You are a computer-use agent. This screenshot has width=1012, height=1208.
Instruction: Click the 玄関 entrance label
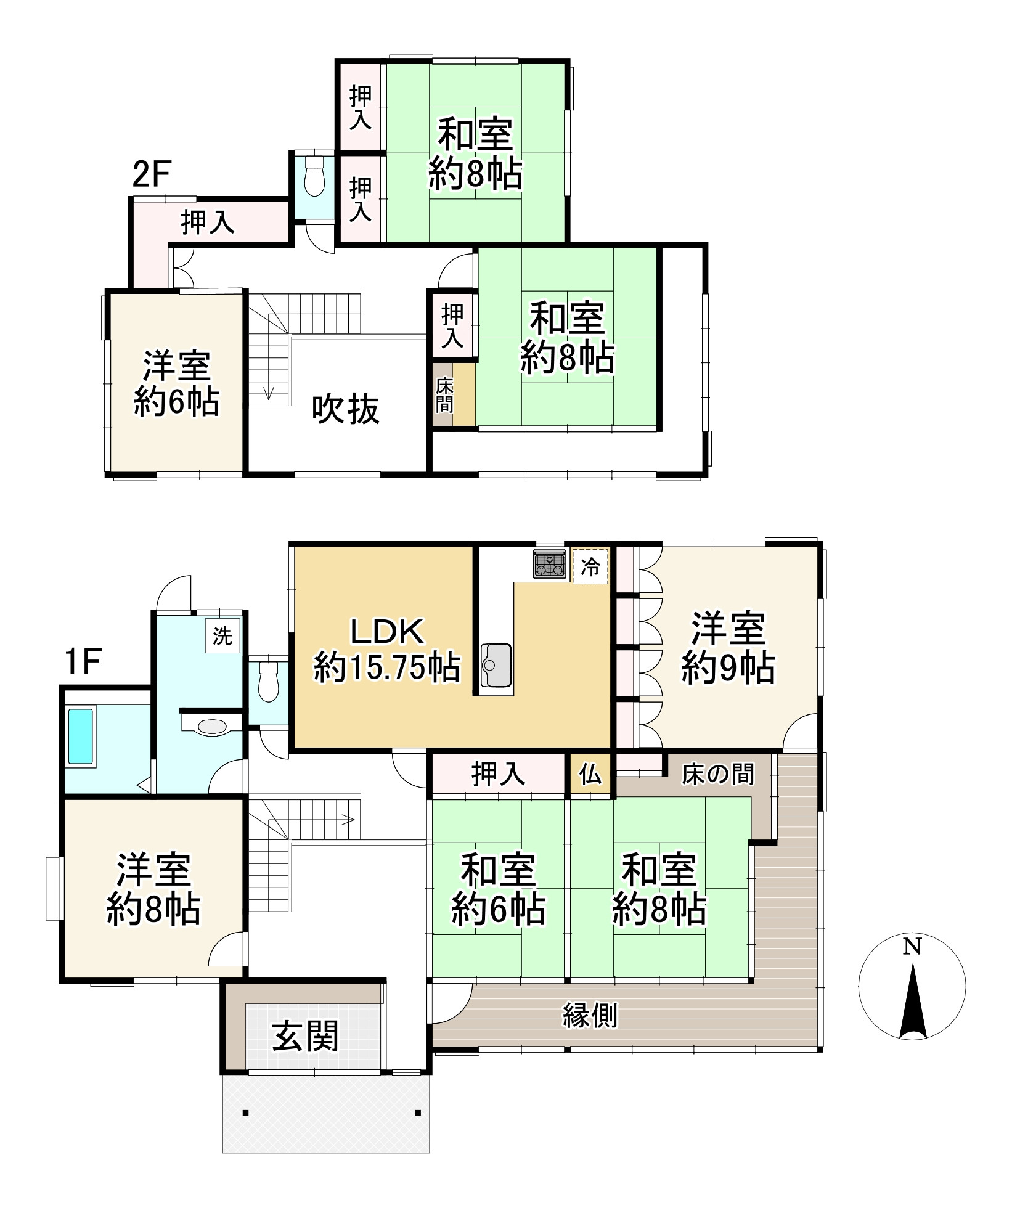point(306,1037)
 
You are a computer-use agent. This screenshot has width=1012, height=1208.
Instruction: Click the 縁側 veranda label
point(590,1014)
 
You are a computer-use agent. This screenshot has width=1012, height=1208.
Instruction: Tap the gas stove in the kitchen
point(550,564)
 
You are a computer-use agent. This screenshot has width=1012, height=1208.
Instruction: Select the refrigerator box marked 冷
point(590,566)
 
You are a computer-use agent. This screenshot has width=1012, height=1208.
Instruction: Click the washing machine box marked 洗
point(222,635)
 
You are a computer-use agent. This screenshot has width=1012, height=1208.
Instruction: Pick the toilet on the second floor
point(314,177)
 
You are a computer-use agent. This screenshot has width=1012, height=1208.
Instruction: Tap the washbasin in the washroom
point(212,726)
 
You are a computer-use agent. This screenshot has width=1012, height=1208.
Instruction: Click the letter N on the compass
point(912,946)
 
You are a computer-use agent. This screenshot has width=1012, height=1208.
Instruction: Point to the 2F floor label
point(151,174)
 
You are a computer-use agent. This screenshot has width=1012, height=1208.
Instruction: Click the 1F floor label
point(83,662)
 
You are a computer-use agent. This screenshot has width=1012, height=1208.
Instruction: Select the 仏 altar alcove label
point(590,775)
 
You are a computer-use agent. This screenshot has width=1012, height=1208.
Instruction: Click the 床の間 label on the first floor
point(717,774)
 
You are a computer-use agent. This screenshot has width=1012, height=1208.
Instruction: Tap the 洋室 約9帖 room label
point(728,647)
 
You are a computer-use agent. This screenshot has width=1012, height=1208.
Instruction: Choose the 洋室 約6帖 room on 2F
point(176,384)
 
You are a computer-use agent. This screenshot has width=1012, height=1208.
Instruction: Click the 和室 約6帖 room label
point(498,889)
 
